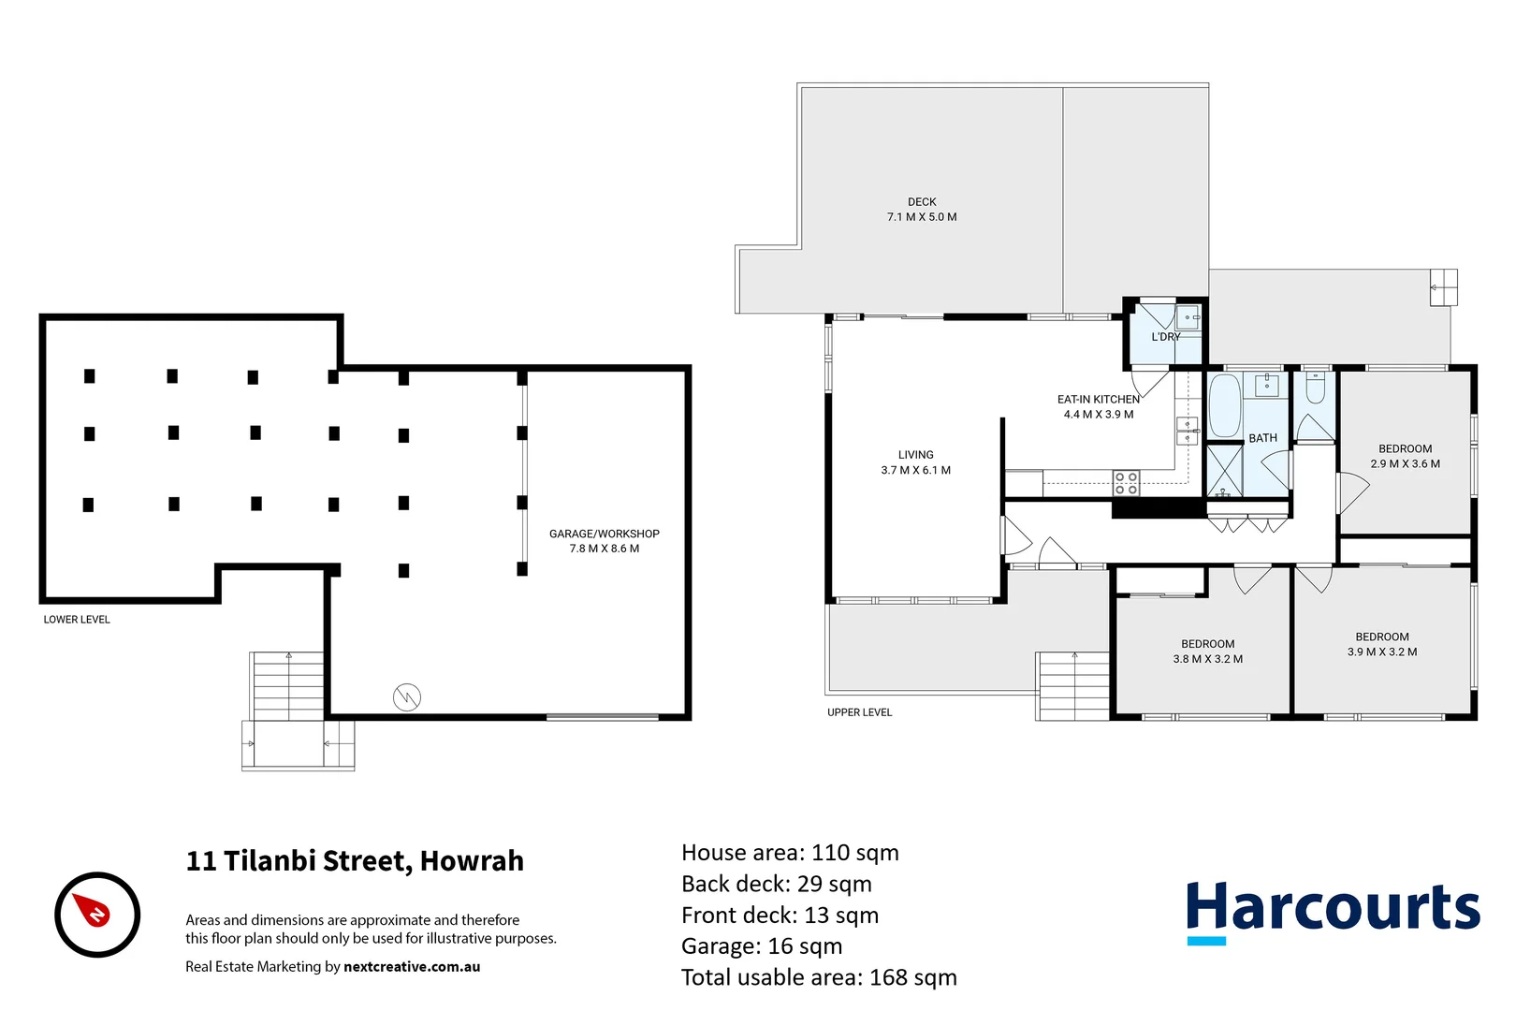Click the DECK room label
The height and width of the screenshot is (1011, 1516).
(x=922, y=202)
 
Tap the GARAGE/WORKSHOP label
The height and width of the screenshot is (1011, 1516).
(x=604, y=534)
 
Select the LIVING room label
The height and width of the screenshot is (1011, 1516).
(x=915, y=455)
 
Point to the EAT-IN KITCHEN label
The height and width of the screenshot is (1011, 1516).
(x=1098, y=400)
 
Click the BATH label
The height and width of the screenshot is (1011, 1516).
(x=1262, y=438)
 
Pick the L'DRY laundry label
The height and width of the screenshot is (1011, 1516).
(x=1165, y=337)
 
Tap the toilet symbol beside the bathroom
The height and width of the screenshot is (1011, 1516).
(x=1315, y=388)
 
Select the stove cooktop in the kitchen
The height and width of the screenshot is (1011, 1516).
(x=1126, y=483)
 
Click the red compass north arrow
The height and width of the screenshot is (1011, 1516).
(x=95, y=911)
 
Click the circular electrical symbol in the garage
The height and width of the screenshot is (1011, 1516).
(x=407, y=696)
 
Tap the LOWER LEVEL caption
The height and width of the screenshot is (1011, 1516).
(x=77, y=620)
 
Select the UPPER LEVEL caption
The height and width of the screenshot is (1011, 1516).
(x=859, y=712)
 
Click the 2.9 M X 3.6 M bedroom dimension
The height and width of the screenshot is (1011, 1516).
(x=1405, y=464)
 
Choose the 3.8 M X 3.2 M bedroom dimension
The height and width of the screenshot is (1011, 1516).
(x=1207, y=659)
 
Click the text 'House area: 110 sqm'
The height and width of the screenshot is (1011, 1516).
(x=790, y=853)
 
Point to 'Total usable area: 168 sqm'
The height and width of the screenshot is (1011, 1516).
(x=819, y=977)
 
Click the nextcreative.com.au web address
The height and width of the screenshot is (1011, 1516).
(x=412, y=967)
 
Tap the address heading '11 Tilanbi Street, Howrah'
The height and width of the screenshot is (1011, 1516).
(x=355, y=861)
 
